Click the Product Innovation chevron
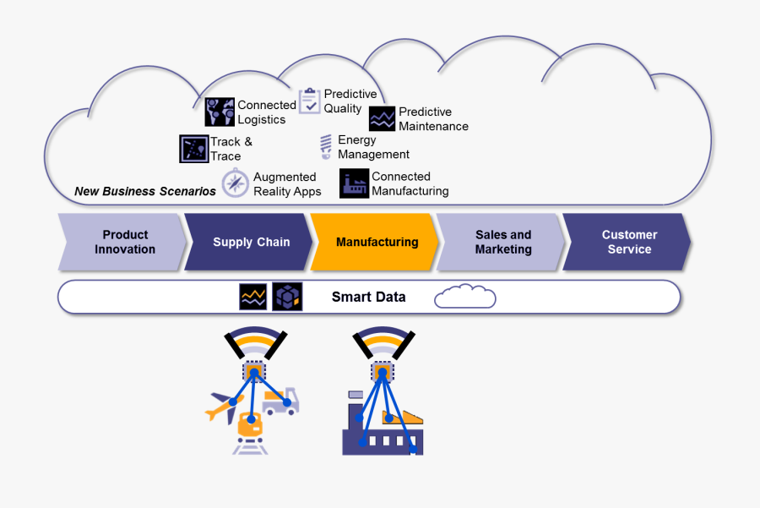(x=123, y=243)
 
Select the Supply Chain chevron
(x=250, y=243)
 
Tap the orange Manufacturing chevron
(x=377, y=243)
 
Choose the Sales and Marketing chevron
(x=502, y=243)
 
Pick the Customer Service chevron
(x=628, y=243)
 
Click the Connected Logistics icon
(x=220, y=112)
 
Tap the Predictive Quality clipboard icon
(x=309, y=101)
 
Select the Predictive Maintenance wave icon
(x=382, y=119)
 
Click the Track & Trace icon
(x=193, y=149)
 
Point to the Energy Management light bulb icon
(x=325, y=147)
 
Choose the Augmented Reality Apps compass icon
(x=235, y=183)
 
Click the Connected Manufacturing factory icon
(x=354, y=183)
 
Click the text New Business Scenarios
(x=145, y=191)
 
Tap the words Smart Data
(x=368, y=297)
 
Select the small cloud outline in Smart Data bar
(x=464, y=297)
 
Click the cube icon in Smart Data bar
(x=287, y=297)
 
